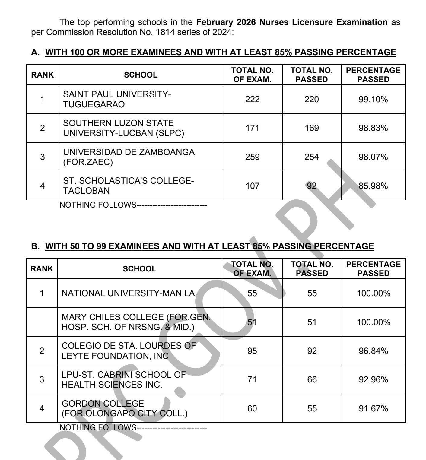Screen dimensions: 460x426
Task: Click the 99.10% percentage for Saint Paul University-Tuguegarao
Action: pyautogui.click(x=373, y=99)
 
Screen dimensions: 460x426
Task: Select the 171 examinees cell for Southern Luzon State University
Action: pyautogui.click(x=252, y=128)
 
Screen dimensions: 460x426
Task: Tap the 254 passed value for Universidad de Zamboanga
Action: pyautogui.click(x=312, y=157)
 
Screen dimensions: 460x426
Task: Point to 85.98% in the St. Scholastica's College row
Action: pyautogui.click(x=373, y=186)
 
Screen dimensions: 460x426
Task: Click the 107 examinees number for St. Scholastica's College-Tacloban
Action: pyautogui.click(x=252, y=186)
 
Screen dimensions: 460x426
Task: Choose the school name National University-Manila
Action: pyautogui.click(x=128, y=293)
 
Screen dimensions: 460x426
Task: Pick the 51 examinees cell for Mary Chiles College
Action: pyautogui.click(x=252, y=322)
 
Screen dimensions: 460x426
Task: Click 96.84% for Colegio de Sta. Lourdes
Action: pyautogui.click(x=373, y=351)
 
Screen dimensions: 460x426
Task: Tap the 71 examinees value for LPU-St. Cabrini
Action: pyautogui.click(x=252, y=379)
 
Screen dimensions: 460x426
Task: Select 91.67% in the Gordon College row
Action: pyautogui.click(x=373, y=408)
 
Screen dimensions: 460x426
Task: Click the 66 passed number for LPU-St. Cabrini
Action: pyautogui.click(x=312, y=379)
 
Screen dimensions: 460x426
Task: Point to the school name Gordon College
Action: pyautogui.click(x=103, y=404)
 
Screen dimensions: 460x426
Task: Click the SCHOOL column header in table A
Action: pyautogui.click(x=141, y=75)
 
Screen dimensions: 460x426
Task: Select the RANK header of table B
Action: pyautogui.click(x=42, y=269)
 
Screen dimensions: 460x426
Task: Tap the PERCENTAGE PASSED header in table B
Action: pyautogui.click(x=373, y=269)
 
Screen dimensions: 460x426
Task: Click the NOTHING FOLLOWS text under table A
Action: pyautogui.click(x=98, y=205)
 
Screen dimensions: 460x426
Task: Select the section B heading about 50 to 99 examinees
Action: pyautogui.click(x=209, y=246)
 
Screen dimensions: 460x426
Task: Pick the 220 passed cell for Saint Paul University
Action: pyautogui.click(x=312, y=99)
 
